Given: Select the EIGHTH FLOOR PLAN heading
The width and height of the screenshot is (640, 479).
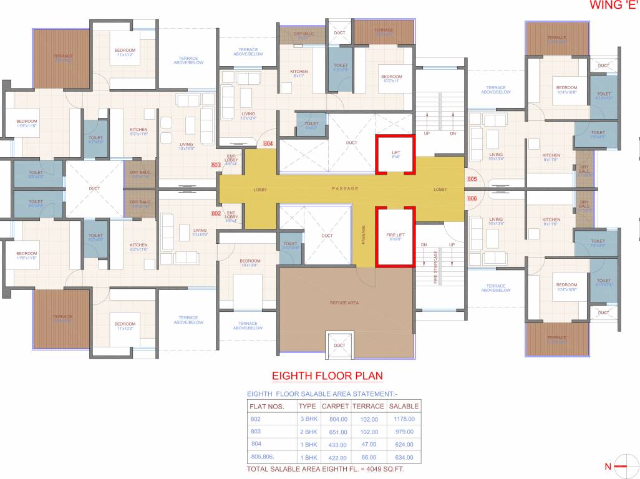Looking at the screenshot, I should click(327, 376).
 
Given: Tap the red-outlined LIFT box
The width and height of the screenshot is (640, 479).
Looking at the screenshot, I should click(395, 155).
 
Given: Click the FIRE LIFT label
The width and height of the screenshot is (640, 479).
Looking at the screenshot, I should click(395, 236).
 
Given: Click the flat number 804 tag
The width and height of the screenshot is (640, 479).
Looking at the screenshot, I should click(269, 143).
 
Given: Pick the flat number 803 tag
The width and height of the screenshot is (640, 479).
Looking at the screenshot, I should click(216, 165).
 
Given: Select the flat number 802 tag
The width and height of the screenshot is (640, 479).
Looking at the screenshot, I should click(216, 213).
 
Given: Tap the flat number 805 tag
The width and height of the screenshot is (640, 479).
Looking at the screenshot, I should click(472, 180).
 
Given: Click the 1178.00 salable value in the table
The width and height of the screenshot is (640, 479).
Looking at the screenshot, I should click(404, 419).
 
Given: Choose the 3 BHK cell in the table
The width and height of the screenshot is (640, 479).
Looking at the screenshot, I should click(308, 419).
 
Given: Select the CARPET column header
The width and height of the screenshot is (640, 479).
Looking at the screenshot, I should click(335, 407).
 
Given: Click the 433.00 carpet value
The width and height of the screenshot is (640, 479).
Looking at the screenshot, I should click(335, 444).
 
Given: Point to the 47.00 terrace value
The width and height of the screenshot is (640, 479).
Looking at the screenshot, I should click(369, 444).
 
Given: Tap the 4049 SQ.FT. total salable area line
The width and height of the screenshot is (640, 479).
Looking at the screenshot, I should click(334, 468).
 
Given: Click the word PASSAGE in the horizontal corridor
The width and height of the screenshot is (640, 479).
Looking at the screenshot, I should click(345, 188).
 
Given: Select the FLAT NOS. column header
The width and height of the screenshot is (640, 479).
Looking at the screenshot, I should click(267, 407).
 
